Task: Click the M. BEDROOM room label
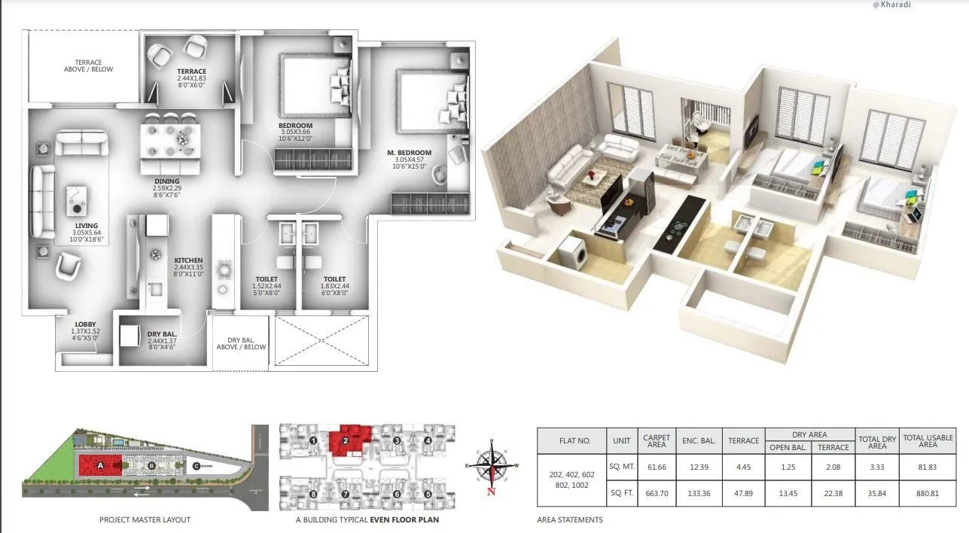click(410, 153)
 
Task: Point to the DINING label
click(166, 181)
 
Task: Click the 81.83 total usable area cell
click(928, 466)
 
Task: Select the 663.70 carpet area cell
click(657, 495)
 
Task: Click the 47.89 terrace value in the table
click(743, 495)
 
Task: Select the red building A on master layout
click(101, 464)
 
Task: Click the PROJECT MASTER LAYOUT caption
click(145, 519)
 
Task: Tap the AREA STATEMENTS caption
click(570, 519)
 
